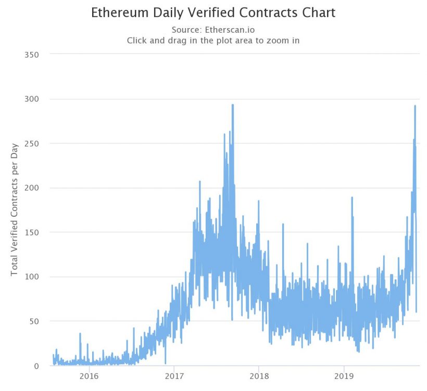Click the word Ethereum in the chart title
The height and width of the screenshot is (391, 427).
116,12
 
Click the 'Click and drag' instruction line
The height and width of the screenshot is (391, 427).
213,41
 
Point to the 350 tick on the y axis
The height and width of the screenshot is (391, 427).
32,54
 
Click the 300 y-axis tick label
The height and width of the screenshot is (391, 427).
32,99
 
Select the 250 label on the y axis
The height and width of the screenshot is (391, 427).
32,144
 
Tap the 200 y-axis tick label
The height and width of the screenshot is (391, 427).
32,188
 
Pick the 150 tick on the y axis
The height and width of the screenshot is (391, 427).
32,232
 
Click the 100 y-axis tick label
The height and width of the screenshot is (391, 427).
32,277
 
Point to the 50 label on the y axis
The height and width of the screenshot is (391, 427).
34,321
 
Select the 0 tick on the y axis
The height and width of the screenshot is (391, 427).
37,366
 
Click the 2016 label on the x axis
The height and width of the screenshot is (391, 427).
89,376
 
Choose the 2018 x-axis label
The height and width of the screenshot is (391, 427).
259,376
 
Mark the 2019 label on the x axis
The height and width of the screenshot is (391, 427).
344,376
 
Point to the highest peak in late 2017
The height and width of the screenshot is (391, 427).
232,106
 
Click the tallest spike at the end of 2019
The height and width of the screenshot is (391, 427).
415,107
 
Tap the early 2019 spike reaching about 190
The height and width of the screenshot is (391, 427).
352,198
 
